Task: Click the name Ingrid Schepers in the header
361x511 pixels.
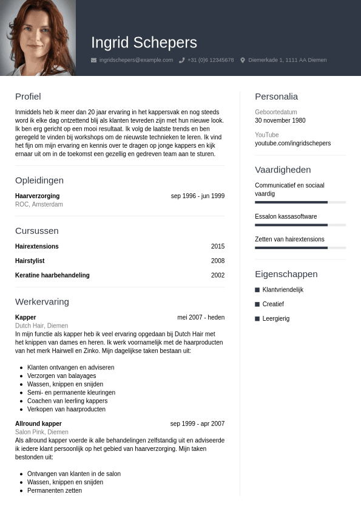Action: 144,43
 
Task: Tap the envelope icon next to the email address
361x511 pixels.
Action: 93,60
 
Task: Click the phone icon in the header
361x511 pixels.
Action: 181,60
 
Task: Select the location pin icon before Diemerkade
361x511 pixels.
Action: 243,60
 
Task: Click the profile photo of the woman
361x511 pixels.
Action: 38,38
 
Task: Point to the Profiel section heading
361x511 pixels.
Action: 28,97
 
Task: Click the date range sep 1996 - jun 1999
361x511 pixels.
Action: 197,196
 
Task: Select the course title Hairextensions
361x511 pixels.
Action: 37,247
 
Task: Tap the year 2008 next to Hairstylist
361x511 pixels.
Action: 217,261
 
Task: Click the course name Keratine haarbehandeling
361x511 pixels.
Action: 52,275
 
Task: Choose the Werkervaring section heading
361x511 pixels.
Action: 42,302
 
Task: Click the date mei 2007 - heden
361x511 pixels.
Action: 201,318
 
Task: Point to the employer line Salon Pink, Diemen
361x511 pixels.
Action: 42,432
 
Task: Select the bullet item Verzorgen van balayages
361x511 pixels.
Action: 61,376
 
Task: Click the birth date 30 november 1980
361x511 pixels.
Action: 280,121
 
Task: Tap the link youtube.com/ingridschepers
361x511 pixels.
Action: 292,143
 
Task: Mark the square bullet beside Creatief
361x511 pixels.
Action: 257,304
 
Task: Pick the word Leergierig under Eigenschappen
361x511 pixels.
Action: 276,318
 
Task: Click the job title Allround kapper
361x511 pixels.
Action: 38,424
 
